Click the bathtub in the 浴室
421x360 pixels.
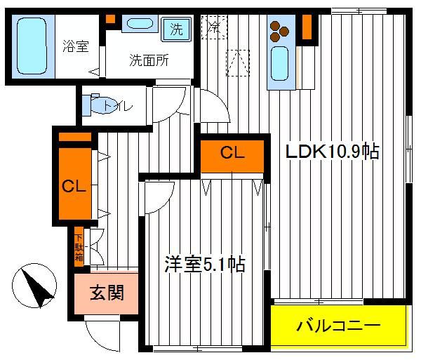pos(32,46)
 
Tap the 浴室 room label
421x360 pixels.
pos(76,46)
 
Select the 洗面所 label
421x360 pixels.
pos(149,60)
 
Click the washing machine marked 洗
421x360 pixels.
pos(176,29)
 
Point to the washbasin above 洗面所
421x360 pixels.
pos(140,23)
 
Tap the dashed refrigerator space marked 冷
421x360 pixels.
pos(214,27)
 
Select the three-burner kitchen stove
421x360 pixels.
pos(279,32)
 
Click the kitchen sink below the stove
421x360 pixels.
pos(279,64)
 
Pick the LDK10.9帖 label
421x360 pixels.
pos(333,152)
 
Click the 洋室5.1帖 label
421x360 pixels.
pos(205,265)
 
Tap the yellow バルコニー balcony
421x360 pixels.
pos(339,326)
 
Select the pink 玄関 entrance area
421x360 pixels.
pos(107,293)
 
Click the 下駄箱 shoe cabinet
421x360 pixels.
pos(79,247)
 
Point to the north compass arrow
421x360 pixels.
pos(37,287)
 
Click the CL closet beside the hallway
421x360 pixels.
pos(75,183)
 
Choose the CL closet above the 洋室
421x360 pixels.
pos(232,156)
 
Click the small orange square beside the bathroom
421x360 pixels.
pos(110,19)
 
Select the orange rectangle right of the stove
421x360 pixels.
pos(307,27)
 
